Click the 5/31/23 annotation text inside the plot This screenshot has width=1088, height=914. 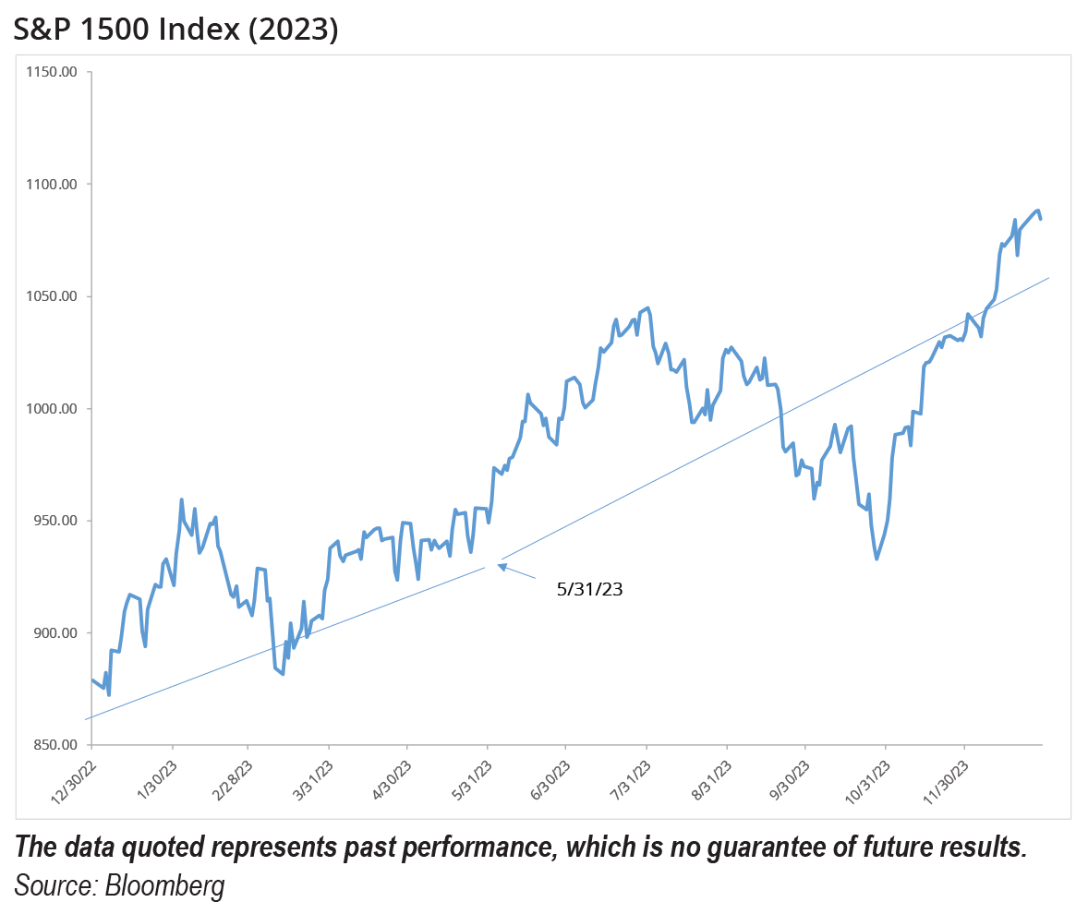click(x=590, y=589)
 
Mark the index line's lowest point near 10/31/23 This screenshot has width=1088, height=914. click(x=876, y=559)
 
